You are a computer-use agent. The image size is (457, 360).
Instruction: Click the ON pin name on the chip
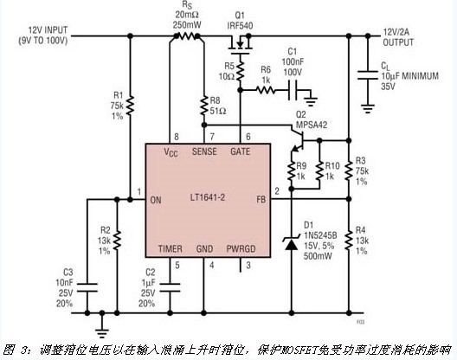(157, 200)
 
